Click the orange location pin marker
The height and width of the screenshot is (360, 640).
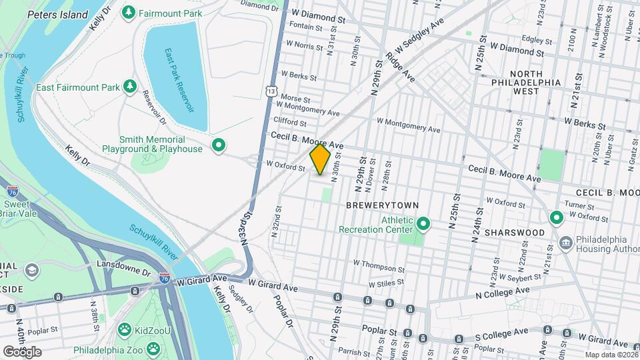320,160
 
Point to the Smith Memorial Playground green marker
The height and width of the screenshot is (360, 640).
217,144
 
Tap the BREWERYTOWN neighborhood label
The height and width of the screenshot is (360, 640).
373,206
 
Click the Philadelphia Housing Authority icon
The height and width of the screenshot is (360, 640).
566,241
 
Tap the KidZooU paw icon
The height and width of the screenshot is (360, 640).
124,329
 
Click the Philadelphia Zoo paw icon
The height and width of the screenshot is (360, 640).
154,349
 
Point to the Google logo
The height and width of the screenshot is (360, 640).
22,351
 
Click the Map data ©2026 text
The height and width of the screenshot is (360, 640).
610,355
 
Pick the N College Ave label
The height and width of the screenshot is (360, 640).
502,292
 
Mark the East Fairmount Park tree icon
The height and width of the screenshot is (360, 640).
129,87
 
